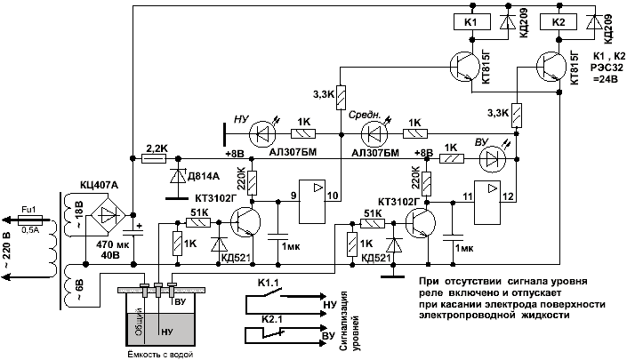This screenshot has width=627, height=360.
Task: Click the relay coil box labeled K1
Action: [x=471, y=20]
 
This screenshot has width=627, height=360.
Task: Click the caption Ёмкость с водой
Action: [x=159, y=354]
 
